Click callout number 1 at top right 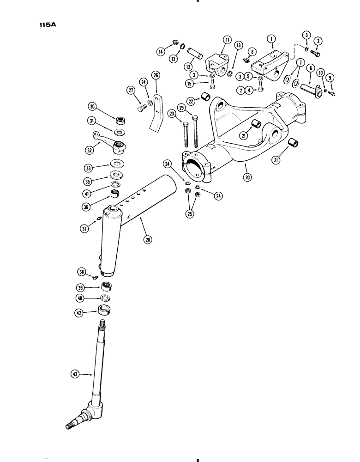click(x=273, y=40)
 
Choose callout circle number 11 click(x=227, y=41)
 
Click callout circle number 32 click(x=90, y=150)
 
